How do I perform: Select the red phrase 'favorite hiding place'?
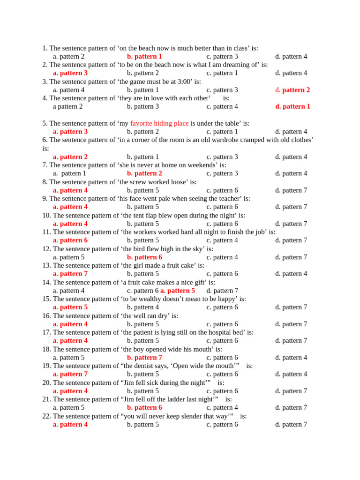(x=159, y=123)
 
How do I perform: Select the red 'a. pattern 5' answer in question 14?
(x=178, y=291)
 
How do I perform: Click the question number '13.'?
(x=46, y=265)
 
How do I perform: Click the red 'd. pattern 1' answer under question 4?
(x=292, y=106)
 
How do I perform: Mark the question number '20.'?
(x=46, y=382)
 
